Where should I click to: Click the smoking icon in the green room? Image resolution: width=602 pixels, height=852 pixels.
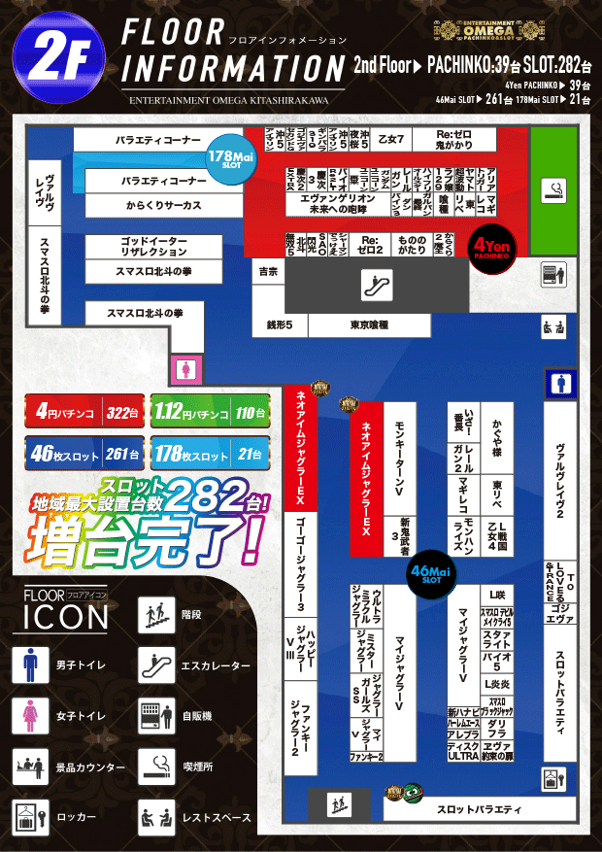pyautogui.click(x=554, y=187)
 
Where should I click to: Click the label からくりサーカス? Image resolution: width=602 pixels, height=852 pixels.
pyautogui.click(x=163, y=206)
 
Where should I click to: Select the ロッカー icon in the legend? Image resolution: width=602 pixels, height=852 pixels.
pyautogui.click(x=29, y=817)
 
